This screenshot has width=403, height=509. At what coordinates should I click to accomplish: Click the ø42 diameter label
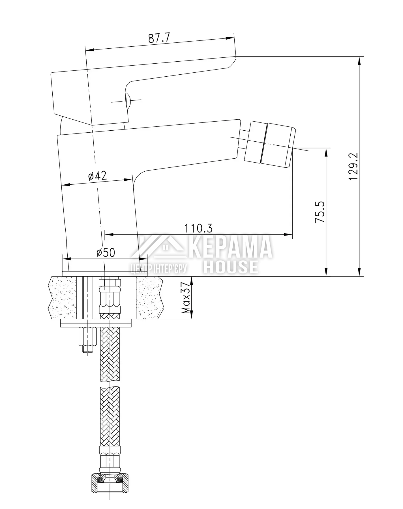point(98,176)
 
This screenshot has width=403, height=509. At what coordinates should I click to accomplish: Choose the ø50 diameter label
point(106,253)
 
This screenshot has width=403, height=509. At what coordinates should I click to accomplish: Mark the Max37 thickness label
point(186,298)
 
